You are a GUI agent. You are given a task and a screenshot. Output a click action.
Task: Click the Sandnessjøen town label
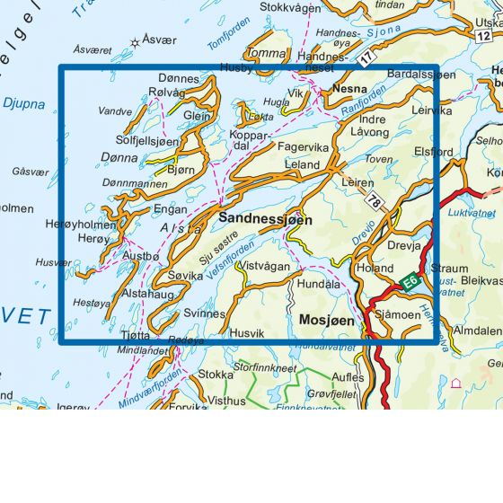pos(266,218)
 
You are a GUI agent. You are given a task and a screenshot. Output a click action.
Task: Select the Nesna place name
pos(349,90)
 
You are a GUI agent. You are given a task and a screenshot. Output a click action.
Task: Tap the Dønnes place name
pos(177,79)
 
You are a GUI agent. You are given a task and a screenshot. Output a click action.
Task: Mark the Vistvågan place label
pos(267,267)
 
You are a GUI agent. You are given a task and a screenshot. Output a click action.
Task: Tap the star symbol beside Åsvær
pos(137,41)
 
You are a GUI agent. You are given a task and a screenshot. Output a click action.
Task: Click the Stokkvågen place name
pos(290,7)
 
